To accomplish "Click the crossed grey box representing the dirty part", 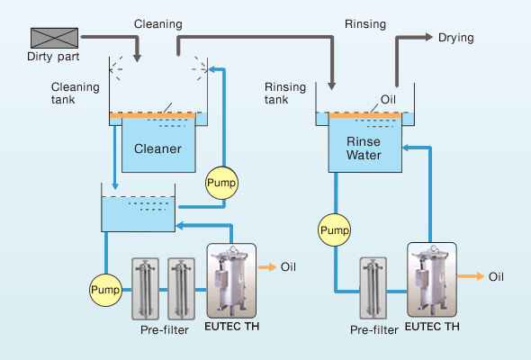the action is point(55,38).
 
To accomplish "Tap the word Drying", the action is point(455,38).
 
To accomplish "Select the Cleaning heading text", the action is point(158,24).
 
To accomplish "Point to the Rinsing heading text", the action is point(365,24).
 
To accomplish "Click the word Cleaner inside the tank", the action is point(157,148).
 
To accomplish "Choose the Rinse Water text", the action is point(364,148).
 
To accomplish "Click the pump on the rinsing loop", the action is point(335,230).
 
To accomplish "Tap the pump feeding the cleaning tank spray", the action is point(221,183).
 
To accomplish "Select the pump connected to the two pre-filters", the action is point(105,290).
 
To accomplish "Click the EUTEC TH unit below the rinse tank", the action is point(432,280).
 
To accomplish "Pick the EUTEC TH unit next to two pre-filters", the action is point(231,281).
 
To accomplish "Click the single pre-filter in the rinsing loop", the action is point(373,288).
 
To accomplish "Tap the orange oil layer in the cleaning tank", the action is point(152,116).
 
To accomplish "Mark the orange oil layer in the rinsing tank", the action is point(365,116).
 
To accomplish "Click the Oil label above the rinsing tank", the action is point(388,100).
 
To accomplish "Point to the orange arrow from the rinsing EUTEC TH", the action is point(471,276).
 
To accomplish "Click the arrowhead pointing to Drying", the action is point(429,37).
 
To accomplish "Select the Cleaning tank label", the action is point(76,94).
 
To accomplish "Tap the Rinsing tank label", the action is point(285,94).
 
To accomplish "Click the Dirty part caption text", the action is point(53,57).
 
